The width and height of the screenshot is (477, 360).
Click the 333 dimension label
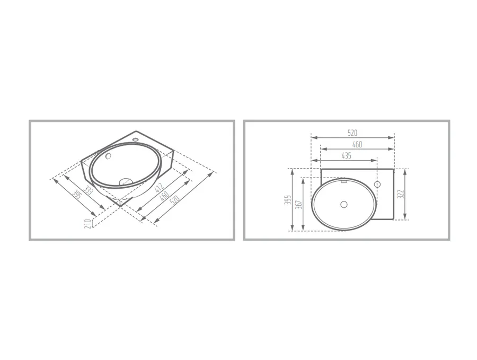pos(88,190)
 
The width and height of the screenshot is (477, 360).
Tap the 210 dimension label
pos(87,224)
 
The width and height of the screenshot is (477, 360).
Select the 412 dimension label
pos(159,187)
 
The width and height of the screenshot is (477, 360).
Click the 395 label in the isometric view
pos(77,195)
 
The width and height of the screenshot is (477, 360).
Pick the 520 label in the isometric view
pos(175,200)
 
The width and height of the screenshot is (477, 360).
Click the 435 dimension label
pos(346,155)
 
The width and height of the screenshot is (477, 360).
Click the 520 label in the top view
pos(352,133)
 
